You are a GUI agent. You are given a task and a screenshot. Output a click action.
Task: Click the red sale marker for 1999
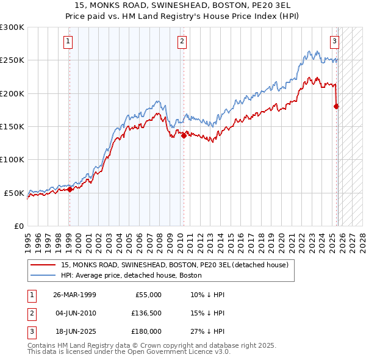[x=70, y=189]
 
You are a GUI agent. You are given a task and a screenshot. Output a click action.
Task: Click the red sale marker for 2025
[x=336, y=106]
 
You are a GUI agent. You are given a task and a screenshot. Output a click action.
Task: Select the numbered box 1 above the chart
[x=67, y=41]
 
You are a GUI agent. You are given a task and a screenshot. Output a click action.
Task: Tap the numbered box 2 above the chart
[x=182, y=41]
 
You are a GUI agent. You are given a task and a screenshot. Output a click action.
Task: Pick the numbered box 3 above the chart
[x=335, y=41]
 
